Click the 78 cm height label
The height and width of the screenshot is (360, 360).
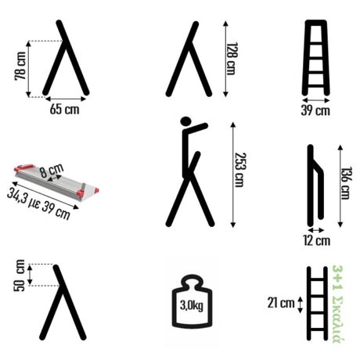coord(20,66)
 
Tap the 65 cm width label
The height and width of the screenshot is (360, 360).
coord(64,109)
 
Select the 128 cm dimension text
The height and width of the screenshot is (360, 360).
coord(232,59)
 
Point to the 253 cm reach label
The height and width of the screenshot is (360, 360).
coord(240,170)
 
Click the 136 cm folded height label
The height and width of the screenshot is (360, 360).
coord(347,183)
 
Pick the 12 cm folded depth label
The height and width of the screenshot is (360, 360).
coord(317,240)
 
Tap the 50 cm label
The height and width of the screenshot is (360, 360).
coord(20,275)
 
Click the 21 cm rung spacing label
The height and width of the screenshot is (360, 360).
coord(281,303)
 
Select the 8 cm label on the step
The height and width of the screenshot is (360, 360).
coord(52,171)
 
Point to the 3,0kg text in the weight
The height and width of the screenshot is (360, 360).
coord(192,305)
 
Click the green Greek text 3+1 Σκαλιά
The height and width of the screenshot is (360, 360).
coord(338,304)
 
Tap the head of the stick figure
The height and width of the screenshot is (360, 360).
coord(185,121)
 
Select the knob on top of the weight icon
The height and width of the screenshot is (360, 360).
coord(193,282)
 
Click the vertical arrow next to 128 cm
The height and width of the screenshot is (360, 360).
coord(226,59)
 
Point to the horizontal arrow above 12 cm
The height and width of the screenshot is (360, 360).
coord(316,230)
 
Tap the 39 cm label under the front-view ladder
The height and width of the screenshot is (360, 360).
coord(315,110)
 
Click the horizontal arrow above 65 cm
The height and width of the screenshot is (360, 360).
coord(66,99)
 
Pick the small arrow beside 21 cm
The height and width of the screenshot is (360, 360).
coord(301,304)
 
